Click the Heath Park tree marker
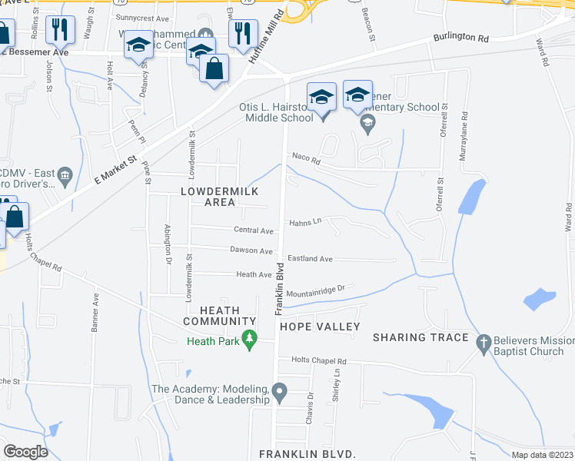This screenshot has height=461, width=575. [x=249, y=339]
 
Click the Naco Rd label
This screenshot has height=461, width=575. [x=305, y=158]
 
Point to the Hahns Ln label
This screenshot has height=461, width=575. [x=305, y=223]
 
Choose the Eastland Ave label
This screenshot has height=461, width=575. [x=310, y=259]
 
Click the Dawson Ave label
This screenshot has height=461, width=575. [x=251, y=250]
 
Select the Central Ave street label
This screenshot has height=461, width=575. [x=254, y=230]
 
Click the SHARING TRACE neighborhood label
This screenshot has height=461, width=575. [x=420, y=337]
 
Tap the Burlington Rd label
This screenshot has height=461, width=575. [x=460, y=37]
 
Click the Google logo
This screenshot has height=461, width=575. [x=25, y=452]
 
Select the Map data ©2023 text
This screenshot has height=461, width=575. [x=541, y=455]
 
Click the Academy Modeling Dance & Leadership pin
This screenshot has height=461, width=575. [x=280, y=394]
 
